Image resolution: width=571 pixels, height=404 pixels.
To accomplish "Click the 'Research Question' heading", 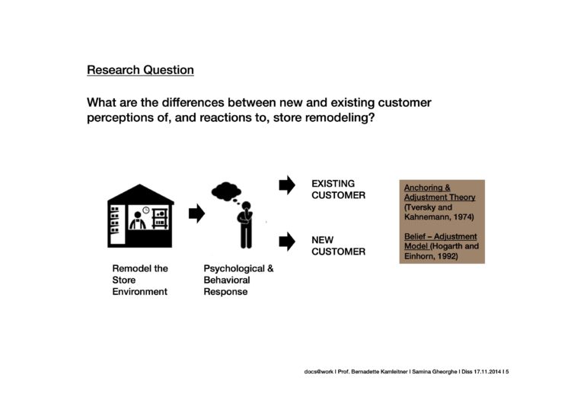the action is point(140,69).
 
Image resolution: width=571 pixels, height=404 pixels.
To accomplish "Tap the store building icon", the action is point(141,216).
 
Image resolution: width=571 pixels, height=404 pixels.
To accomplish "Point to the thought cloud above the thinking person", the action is point(226,191).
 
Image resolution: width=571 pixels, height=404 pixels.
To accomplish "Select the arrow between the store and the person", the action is point(196,213).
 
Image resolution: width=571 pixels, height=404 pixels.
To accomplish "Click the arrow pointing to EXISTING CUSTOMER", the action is point(287,185).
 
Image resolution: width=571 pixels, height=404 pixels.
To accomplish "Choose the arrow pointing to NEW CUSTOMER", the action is point(287,242).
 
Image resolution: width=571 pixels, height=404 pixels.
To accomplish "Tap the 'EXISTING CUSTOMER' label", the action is point(338,189).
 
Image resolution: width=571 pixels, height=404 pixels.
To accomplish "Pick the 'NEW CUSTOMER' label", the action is point(338,245).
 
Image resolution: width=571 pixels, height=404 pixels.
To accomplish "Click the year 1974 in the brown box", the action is point(463,217).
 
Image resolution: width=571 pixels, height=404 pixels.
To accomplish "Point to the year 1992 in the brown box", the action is point(448,256).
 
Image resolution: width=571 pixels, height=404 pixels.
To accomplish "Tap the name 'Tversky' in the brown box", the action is point(419,207).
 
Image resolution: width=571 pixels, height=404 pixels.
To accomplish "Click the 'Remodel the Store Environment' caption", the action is point(140,280).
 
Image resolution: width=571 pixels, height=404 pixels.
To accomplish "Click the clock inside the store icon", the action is point(146,210).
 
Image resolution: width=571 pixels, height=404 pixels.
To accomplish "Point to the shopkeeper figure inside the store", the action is point(138,220).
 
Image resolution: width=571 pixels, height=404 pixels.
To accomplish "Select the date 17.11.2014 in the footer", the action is point(487,371).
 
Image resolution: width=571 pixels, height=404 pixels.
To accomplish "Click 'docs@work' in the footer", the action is point(319,371).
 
